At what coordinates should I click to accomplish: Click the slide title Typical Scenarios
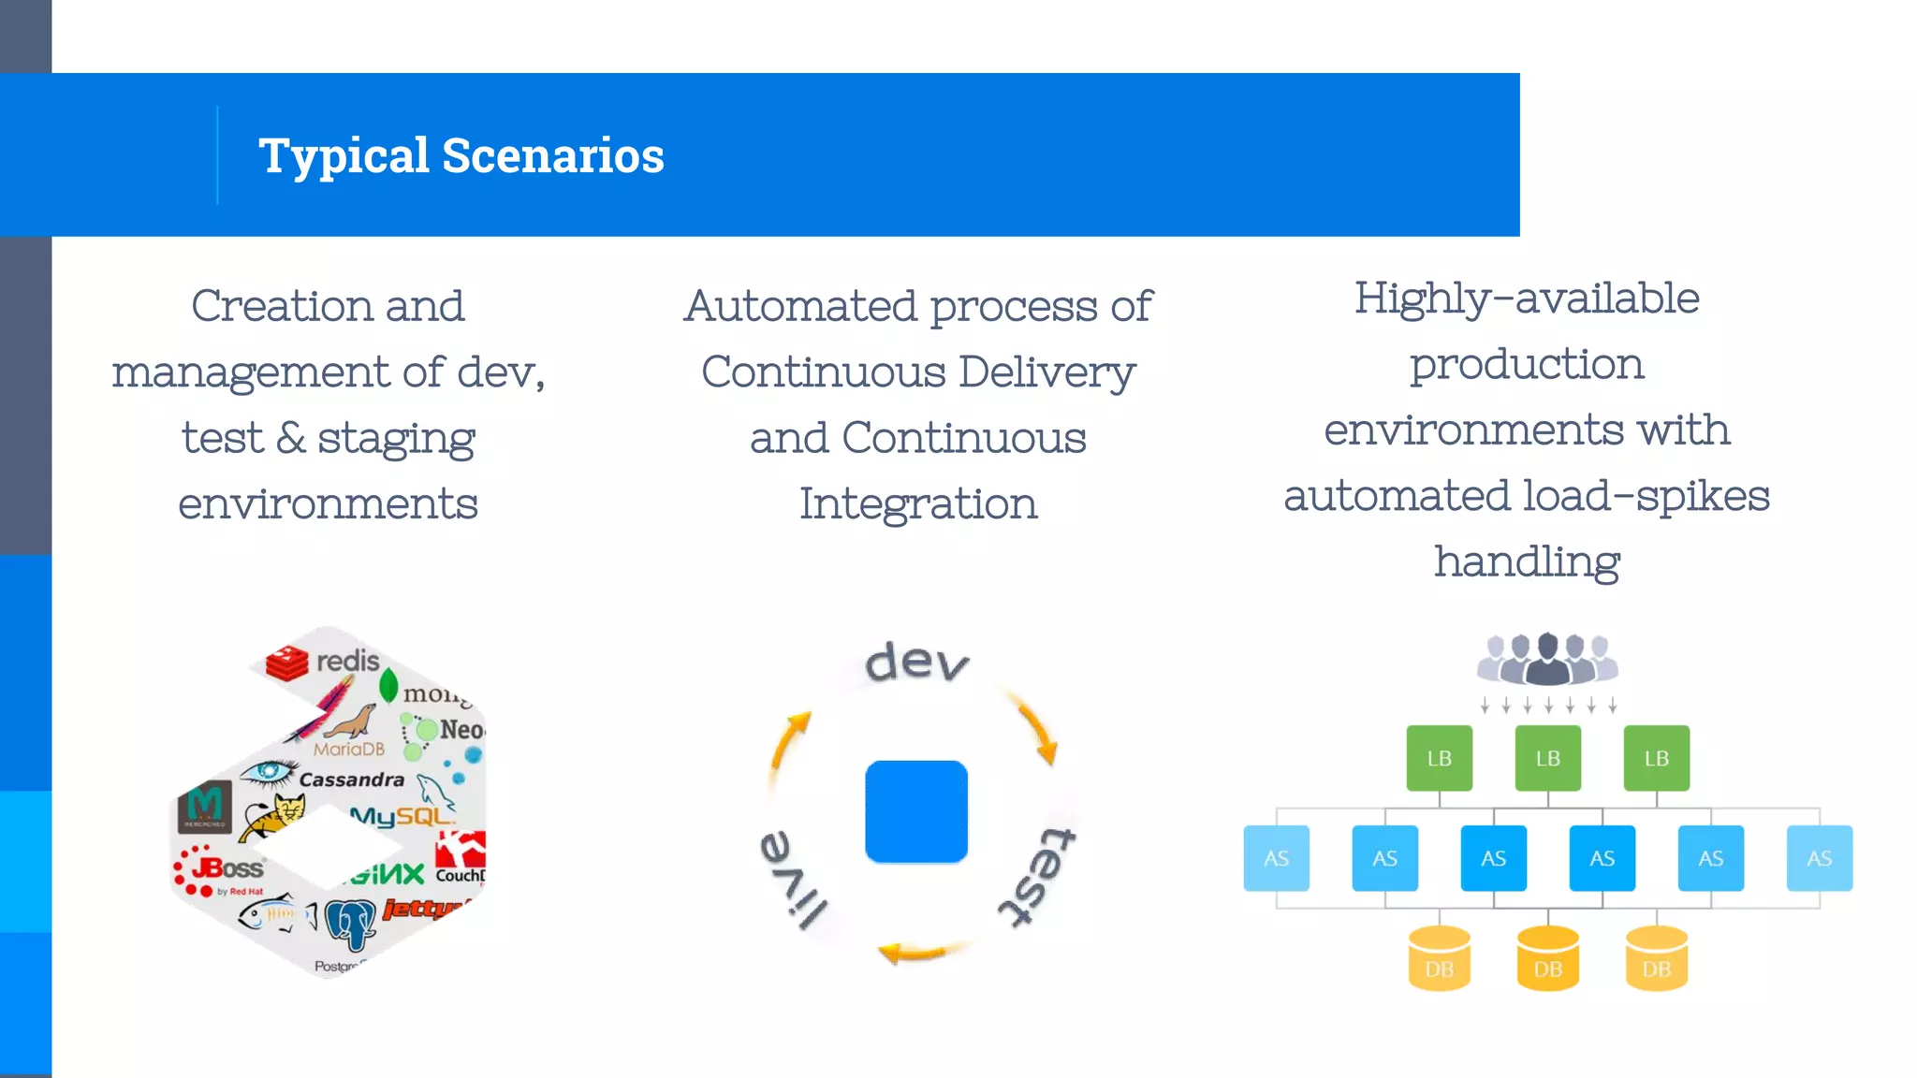[x=461, y=155]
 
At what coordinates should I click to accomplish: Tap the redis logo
[x=324, y=662]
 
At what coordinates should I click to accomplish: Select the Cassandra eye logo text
[x=351, y=779]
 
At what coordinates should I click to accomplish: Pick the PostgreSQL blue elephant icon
[x=351, y=923]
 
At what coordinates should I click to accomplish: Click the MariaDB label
[x=349, y=749]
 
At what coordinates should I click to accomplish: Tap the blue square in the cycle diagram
[x=915, y=811]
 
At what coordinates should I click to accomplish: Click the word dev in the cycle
[x=916, y=662]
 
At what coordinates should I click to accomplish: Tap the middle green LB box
[x=1547, y=758]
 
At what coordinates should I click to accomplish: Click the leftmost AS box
[x=1276, y=858]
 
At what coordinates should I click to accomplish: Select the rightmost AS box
[x=1819, y=858]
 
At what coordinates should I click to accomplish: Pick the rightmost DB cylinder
[x=1656, y=959]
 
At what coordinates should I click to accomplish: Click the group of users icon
[x=1547, y=659]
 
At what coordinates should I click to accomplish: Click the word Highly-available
[x=1526, y=299]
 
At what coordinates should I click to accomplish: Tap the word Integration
[x=917, y=504]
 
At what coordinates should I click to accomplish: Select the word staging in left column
[x=396, y=438]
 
